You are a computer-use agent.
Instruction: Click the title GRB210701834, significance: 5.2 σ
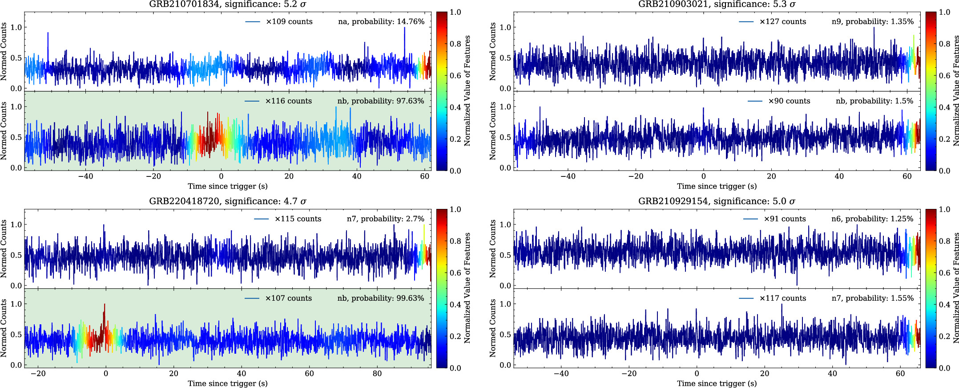tap(227, 4)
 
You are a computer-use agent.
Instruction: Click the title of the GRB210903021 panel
tap(717, 4)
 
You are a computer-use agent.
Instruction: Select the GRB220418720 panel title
tap(227, 201)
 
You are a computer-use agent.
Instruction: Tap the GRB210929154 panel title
tap(717, 201)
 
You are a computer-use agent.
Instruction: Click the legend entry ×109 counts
tap(289, 22)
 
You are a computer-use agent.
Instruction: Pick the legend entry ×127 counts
tap(782, 22)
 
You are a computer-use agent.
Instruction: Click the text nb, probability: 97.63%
tap(381, 101)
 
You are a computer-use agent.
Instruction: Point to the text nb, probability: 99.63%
tap(381, 298)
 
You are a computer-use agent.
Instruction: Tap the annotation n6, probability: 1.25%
tap(872, 219)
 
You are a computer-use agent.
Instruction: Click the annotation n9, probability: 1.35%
tap(872, 22)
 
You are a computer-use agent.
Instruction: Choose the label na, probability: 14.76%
tap(381, 22)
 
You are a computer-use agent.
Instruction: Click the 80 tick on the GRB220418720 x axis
tap(377, 374)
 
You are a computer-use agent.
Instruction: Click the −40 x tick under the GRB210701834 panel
tap(85, 176)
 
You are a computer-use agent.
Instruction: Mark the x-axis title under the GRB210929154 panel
tap(717, 384)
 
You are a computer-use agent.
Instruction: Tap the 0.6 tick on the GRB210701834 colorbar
tap(455, 76)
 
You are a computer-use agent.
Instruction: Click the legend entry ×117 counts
tap(782, 298)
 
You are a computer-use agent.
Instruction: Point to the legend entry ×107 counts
tap(288, 298)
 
